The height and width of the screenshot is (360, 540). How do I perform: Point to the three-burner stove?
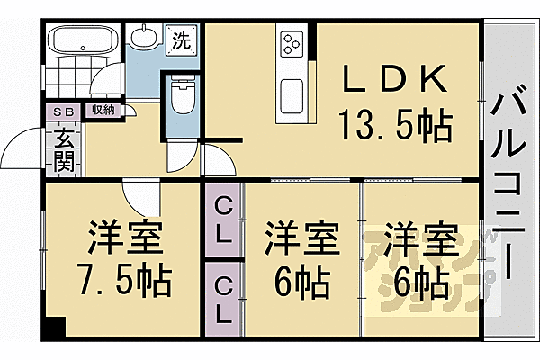pyautogui.click(x=292, y=44)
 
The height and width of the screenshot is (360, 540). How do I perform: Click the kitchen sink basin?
pyautogui.click(x=292, y=95)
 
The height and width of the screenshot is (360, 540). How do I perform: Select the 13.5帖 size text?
pyautogui.click(x=396, y=125)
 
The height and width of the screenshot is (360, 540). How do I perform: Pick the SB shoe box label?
pyautogui.click(x=65, y=112)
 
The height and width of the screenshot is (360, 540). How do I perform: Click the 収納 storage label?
pyautogui.click(x=103, y=111)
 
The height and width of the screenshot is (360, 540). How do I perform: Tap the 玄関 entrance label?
pyautogui.click(x=65, y=150)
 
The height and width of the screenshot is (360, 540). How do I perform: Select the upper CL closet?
pyautogui.click(x=223, y=220)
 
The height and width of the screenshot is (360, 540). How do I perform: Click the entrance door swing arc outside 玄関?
pyautogui.click(x=22, y=148)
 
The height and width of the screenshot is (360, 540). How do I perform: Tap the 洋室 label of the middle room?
pyautogui.click(x=301, y=238)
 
